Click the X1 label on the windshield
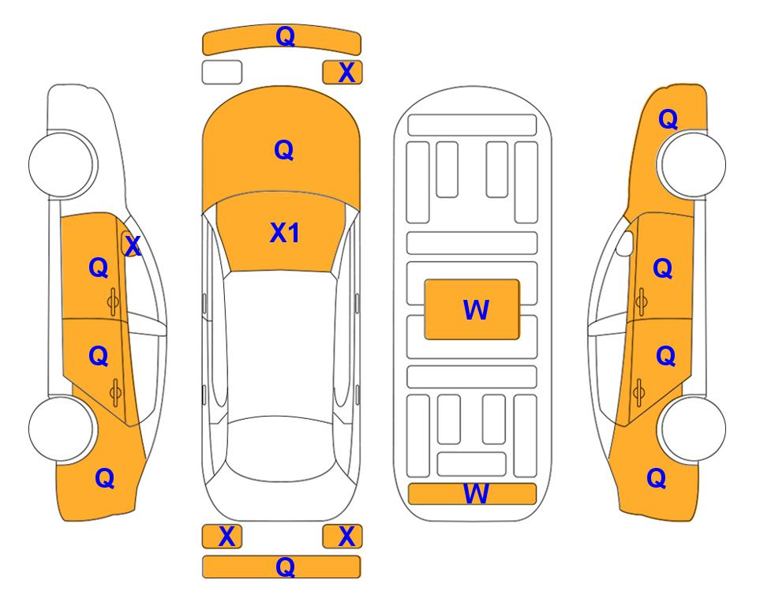click(285, 233)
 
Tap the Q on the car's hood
click(284, 150)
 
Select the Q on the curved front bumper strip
click(285, 36)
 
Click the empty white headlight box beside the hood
click(222, 73)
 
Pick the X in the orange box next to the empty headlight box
click(346, 73)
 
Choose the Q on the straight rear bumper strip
click(285, 567)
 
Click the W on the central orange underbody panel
click(476, 310)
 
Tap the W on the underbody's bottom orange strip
click(476, 494)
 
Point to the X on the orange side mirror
click(133, 246)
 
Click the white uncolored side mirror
click(625, 243)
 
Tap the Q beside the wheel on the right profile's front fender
click(668, 119)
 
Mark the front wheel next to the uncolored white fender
click(62, 164)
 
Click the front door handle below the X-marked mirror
click(113, 301)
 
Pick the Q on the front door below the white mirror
click(663, 268)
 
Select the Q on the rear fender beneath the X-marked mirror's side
click(105, 478)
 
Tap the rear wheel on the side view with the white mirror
click(693, 428)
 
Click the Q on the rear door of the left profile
click(99, 357)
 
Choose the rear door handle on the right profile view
click(638, 392)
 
